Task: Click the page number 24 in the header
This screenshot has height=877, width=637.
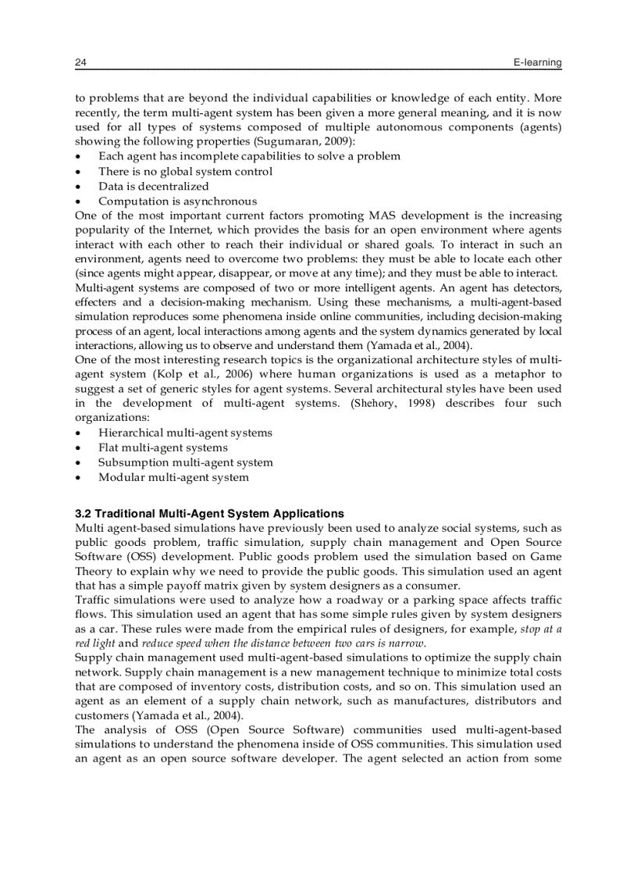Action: pyautogui.click(x=80, y=62)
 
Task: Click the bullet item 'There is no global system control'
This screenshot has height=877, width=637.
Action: pyautogui.click(x=185, y=171)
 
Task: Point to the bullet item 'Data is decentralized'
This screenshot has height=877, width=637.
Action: pyautogui.click(x=153, y=186)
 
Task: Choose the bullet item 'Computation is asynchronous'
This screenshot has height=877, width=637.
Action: pyautogui.click(x=177, y=201)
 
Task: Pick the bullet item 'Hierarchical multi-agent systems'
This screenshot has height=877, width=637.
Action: pyautogui.click(x=185, y=433)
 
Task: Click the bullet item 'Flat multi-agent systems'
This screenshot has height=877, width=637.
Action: pyautogui.click(x=162, y=447)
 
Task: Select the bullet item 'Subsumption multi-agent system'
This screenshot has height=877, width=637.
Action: pyautogui.click(x=185, y=462)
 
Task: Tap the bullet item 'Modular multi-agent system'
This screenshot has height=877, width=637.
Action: pyautogui.click(x=173, y=477)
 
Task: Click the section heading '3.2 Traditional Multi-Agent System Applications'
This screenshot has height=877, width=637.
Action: pyautogui.click(x=209, y=514)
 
